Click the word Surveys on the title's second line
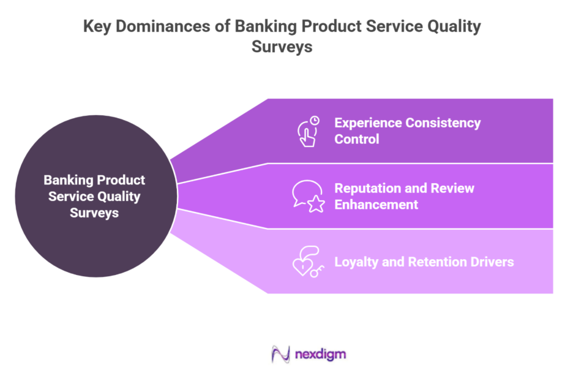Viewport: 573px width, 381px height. (282, 47)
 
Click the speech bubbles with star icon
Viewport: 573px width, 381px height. (308, 196)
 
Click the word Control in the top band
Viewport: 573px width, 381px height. (356, 139)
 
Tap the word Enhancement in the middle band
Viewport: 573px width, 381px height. (376, 205)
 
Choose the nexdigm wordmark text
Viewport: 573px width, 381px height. (320, 355)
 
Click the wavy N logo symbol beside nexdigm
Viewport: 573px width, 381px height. (281, 355)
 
